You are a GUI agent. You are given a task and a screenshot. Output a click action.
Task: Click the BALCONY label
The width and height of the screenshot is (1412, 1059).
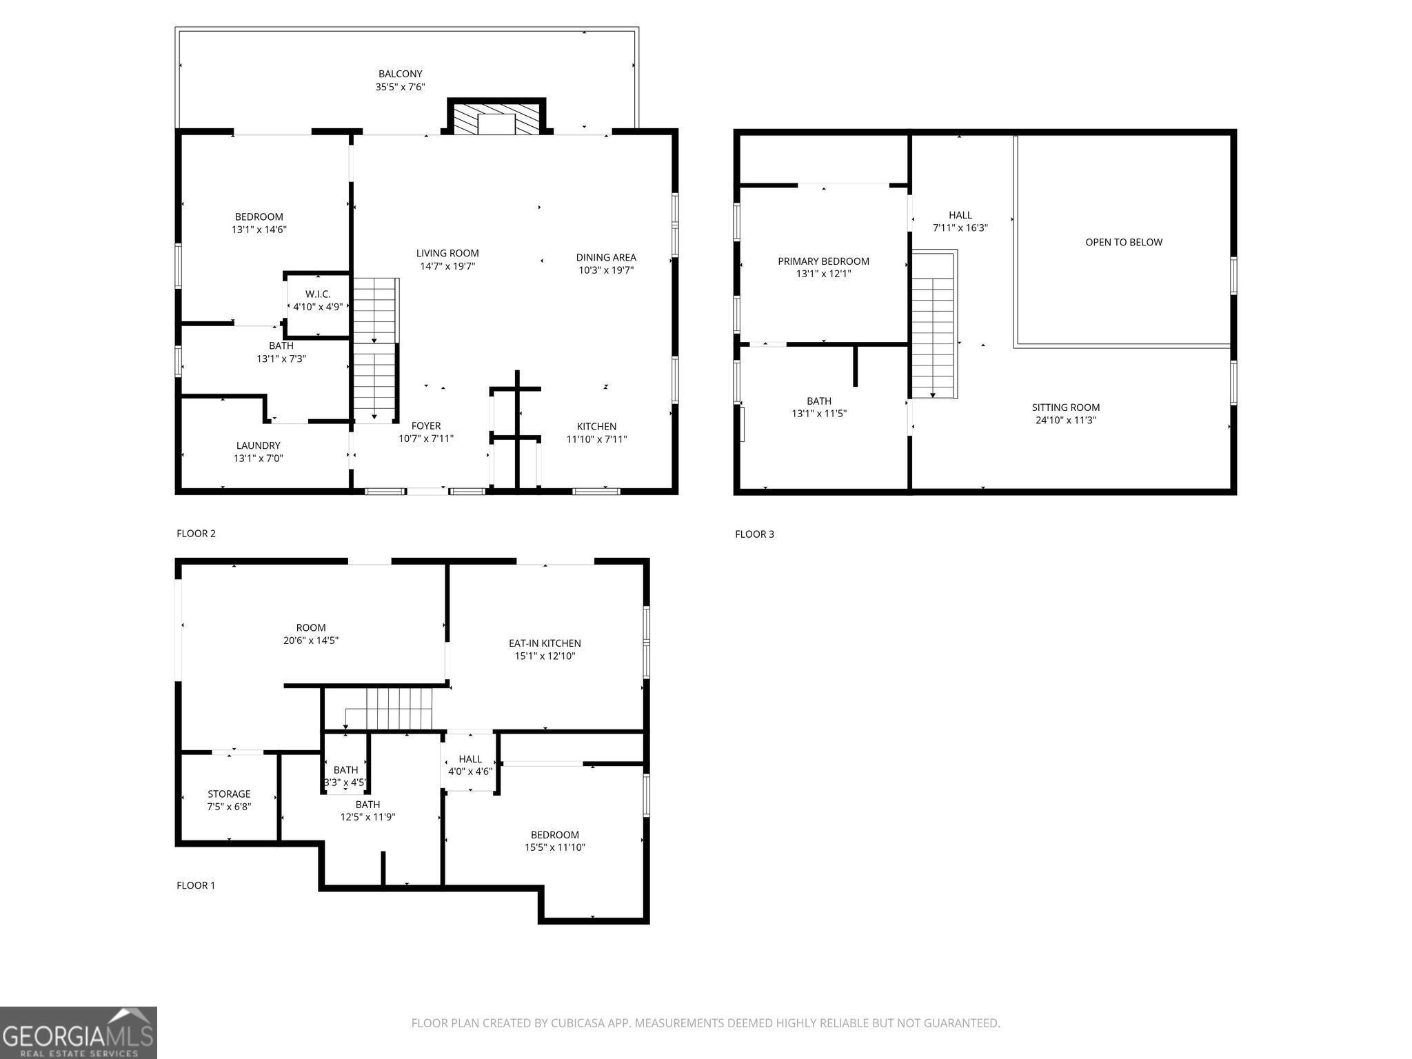pyautogui.click(x=400, y=74)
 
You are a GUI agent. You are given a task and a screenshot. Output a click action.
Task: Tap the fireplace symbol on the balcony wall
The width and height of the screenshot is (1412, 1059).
pyautogui.click(x=496, y=120)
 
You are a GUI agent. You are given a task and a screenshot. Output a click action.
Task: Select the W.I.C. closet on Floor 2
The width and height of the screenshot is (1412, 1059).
pyautogui.click(x=318, y=301)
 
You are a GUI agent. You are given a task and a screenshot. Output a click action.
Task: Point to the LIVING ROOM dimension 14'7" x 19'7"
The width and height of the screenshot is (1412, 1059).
pyautogui.click(x=447, y=266)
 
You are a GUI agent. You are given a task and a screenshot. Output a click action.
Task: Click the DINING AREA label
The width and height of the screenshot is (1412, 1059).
pyautogui.click(x=605, y=258)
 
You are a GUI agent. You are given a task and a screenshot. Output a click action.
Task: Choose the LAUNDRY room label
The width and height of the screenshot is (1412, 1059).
pyautogui.click(x=259, y=446)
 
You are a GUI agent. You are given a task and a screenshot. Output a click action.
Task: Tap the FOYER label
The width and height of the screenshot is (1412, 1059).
pyautogui.click(x=425, y=426)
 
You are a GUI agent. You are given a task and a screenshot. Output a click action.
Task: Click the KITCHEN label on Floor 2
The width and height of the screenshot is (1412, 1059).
pyautogui.click(x=596, y=427)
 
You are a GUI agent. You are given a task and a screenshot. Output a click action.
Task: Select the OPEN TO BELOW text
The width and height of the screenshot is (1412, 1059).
pyautogui.click(x=1123, y=242)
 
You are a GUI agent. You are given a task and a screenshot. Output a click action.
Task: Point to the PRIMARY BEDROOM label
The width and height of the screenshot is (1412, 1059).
pyautogui.click(x=823, y=261)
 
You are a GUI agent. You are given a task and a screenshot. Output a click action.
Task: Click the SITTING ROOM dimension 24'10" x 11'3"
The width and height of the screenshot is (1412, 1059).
pyautogui.click(x=1065, y=420)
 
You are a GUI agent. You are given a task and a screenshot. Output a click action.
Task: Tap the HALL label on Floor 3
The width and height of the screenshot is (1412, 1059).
pyautogui.click(x=960, y=215)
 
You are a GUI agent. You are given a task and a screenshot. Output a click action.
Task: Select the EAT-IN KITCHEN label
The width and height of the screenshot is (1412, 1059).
pyautogui.click(x=545, y=643)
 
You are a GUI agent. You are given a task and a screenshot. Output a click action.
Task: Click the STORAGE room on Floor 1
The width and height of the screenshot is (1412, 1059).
pyautogui.click(x=229, y=800)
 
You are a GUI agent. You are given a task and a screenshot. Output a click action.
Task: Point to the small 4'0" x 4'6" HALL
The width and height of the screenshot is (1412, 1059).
pyautogui.click(x=470, y=765)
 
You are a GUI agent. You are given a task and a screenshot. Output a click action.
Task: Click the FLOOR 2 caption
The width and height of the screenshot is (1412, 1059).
pyautogui.click(x=196, y=534)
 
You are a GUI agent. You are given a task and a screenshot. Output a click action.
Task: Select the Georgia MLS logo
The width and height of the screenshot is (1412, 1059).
pyautogui.click(x=78, y=1033)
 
